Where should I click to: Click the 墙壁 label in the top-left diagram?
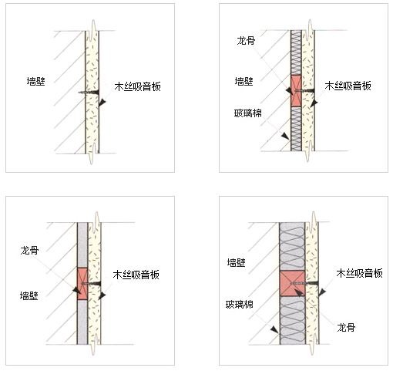pos(36,81)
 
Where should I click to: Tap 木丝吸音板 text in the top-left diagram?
pos(138,86)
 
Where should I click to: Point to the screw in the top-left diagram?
pos(89,93)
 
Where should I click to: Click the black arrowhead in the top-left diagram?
pos(102,103)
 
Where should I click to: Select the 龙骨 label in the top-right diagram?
pos(246,41)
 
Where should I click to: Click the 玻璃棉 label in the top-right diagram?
pos(247,113)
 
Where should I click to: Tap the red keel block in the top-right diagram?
pos(296,91)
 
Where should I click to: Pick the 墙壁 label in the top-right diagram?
pos(244,81)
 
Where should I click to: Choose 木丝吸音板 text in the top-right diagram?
pos(348,86)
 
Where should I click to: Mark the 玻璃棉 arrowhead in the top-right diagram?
pos(285,136)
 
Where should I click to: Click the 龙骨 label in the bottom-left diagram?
pos(29,250)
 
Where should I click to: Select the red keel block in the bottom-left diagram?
pos(82,284)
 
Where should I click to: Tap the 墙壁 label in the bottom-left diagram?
pos(29,295)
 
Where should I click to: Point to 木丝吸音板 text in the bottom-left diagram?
pos(136,275)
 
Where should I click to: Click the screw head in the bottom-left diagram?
pos(99,284)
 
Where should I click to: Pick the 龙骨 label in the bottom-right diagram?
pos(346,327)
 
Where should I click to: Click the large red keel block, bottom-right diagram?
pos(292,283)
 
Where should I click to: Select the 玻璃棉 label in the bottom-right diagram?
pos(240,305)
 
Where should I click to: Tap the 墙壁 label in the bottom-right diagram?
pos(237,262)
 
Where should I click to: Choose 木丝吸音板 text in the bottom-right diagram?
pos(360,273)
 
